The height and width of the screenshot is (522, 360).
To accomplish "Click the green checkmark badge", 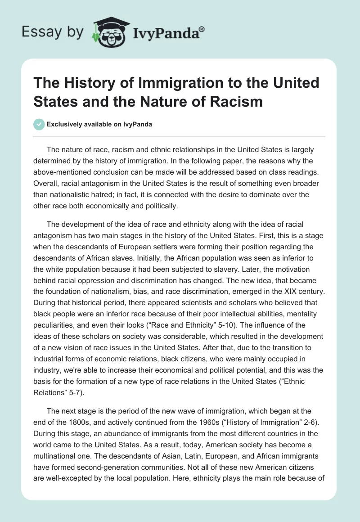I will point(39,125).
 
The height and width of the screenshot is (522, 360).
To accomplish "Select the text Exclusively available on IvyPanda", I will point(99,125).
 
